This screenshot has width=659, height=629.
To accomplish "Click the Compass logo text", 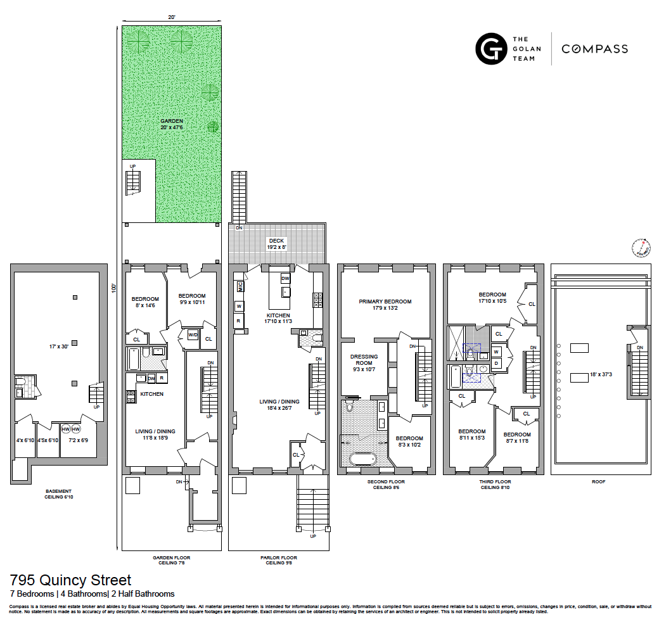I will pyautogui.click(x=594, y=49).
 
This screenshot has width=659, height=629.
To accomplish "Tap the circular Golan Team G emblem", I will pyautogui.click(x=491, y=49).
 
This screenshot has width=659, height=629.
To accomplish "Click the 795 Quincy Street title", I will pyautogui.click(x=70, y=580).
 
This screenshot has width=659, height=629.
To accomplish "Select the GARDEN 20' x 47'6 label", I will pyautogui.click(x=171, y=124).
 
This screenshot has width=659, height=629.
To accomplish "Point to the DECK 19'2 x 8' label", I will pyautogui.click(x=276, y=244).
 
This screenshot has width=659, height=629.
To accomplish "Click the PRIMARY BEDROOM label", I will pyautogui.click(x=385, y=305).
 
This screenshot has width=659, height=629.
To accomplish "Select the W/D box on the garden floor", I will pyautogui.click(x=191, y=335).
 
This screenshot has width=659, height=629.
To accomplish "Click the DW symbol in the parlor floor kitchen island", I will pyautogui.click(x=285, y=279).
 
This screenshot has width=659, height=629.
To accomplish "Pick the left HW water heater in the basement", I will pyautogui.click(x=65, y=429).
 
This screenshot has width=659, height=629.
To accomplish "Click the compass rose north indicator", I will pyautogui.click(x=641, y=248).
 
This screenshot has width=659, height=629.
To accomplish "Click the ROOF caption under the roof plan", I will pyautogui.click(x=599, y=481).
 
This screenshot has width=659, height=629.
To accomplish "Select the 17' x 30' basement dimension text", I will pyautogui.click(x=56, y=346).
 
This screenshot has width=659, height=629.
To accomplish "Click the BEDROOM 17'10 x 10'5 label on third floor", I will pyautogui.click(x=492, y=298).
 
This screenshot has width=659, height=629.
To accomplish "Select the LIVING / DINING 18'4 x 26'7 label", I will pyautogui.click(x=279, y=405).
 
